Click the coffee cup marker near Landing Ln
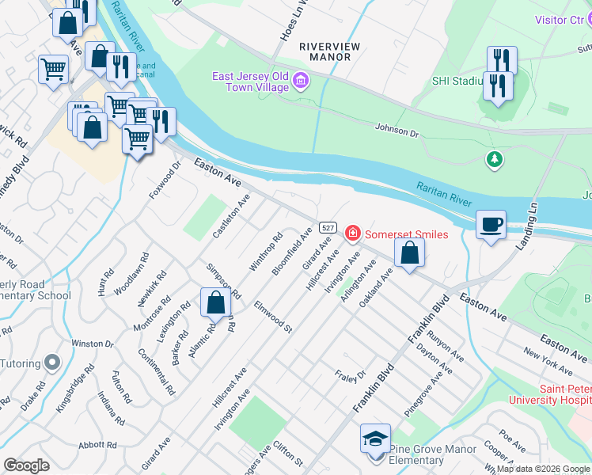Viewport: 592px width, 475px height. (x=491, y=225)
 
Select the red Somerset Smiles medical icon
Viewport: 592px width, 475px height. (x=352, y=234)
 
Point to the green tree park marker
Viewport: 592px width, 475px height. (x=495, y=159)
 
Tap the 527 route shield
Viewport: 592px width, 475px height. (x=327, y=227)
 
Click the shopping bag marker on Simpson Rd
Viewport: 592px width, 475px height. (x=216, y=302)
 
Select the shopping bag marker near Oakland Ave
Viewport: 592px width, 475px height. (x=409, y=254)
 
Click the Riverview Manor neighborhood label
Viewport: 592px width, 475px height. (x=329, y=52)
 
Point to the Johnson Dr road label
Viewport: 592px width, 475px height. (x=396, y=127)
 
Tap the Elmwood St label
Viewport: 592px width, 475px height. (x=273, y=315)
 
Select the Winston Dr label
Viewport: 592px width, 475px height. (x=93, y=344)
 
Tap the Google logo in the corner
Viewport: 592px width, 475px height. (x=27, y=465)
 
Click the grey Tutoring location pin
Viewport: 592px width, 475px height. (x=53, y=362)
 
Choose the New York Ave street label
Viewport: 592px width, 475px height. (x=547, y=361)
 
